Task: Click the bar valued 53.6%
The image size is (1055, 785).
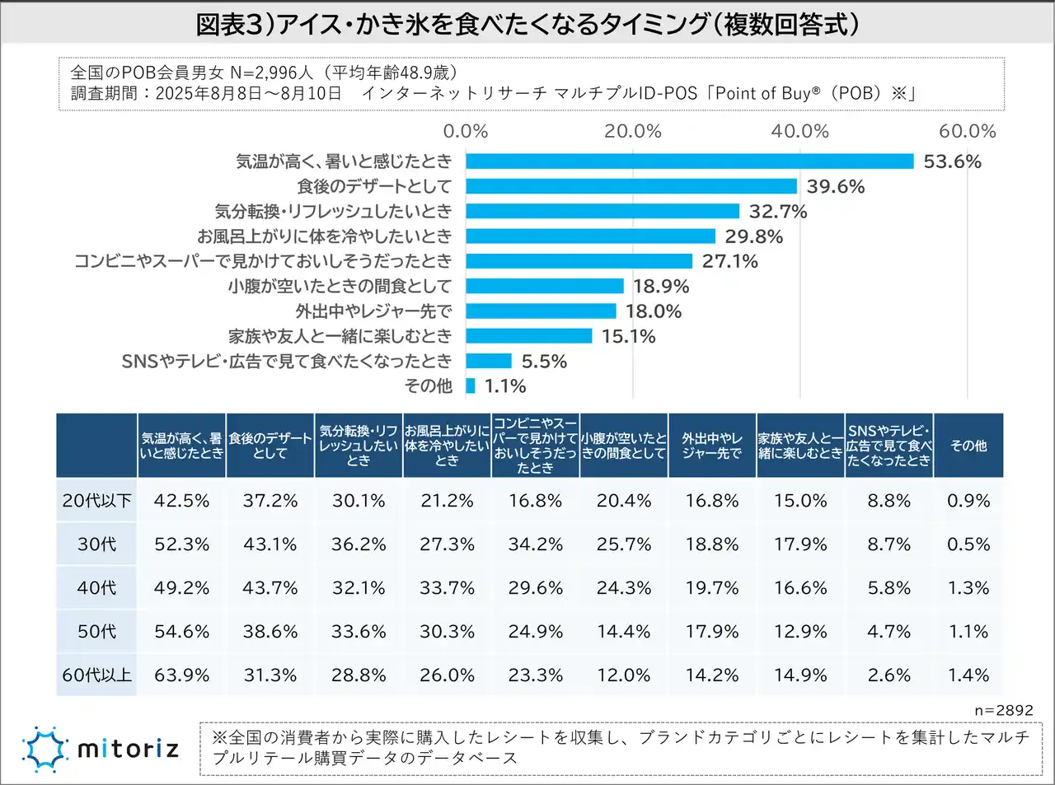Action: pyautogui.click(x=689, y=161)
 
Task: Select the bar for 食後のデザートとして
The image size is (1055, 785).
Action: pyautogui.click(x=631, y=186)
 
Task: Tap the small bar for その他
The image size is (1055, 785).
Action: pyautogui.click(x=471, y=385)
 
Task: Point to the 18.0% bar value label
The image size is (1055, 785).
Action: pyautogui.click(x=654, y=311)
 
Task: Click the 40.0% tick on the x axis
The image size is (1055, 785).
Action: pyautogui.click(x=799, y=132)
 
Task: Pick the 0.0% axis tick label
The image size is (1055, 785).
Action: pyautogui.click(x=466, y=132)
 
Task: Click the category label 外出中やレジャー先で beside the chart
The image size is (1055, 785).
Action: pyautogui.click(x=373, y=311)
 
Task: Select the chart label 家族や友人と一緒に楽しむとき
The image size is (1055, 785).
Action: pyautogui.click(x=340, y=336)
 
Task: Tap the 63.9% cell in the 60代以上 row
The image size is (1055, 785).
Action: pyautogui.click(x=181, y=675)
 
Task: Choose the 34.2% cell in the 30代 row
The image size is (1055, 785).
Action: pyautogui.click(x=535, y=544)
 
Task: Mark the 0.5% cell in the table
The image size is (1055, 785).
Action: pyautogui.click(x=968, y=544)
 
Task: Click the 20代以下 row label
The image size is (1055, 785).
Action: pyautogui.click(x=96, y=501)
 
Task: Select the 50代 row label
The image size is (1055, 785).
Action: pyautogui.click(x=96, y=632)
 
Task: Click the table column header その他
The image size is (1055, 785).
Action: pyautogui.click(x=968, y=446)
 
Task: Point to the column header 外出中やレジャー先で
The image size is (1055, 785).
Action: pyautogui.click(x=712, y=446)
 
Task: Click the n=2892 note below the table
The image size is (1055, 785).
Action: pyautogui.click(x=1003, y=710)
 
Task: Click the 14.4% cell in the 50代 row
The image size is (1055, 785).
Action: pyautogui.click(x=624, y=632)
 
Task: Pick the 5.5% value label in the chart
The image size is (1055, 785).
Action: pyautogui.click(x=544, y=362)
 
